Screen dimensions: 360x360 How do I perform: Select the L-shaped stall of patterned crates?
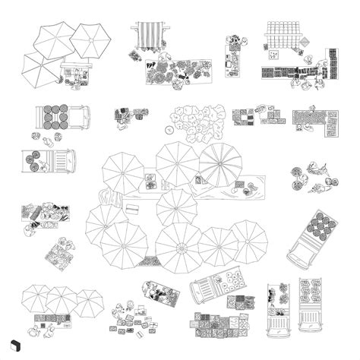click(319, 121)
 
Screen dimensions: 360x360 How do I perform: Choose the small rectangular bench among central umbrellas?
click(132, 207)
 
